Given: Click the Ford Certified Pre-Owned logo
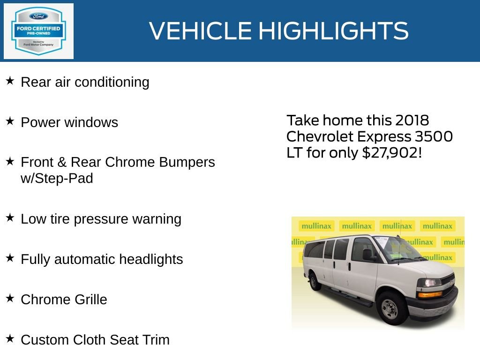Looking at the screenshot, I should click(x=38, y=31).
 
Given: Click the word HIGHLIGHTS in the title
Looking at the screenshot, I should click(x=333, y=31).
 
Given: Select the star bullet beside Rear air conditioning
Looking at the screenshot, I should click(x=10, y=81).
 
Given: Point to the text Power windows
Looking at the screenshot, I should click(x=69, y=122).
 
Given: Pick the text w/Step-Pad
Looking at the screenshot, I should click(x=57, y=179).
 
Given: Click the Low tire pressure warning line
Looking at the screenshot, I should click(x=101, y=219).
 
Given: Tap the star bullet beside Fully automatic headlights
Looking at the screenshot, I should click(x=10, y=258).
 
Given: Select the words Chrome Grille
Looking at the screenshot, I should click(x=64, y=300).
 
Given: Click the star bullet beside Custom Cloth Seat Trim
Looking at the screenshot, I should click(x=10, y=339).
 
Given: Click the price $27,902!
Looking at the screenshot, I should click(x=392, y=152).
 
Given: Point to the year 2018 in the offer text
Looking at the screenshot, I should click(x=412, y=120).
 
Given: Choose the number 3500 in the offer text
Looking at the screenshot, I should click(x=434, y=136).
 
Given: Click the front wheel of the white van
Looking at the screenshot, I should click(x=390, y=307).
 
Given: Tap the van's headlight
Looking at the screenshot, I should click(x=429, y=283).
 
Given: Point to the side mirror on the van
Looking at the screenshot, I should click(x=368, y=255).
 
